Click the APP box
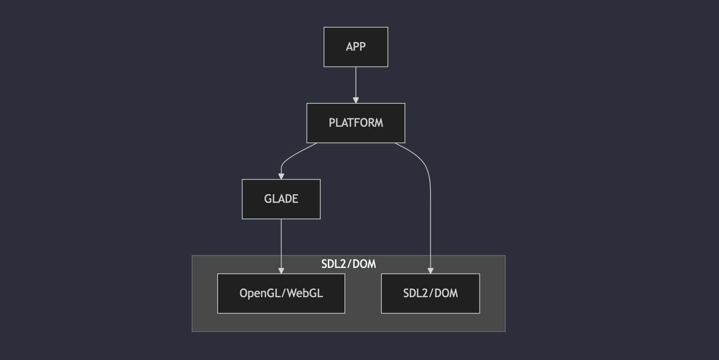click(355, 57)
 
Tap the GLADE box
click(281, 209)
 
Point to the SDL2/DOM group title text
click(349, 264)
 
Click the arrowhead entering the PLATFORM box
click(356, 100)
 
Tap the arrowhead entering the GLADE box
click(281, 176)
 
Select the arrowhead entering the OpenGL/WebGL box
click(281, 271)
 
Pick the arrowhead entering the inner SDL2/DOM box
click(430, 271)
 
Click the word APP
click(355, 47)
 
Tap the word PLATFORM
click(355, 123)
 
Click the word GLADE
click(281, 199)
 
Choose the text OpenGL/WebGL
click(281, 293)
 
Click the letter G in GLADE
click(267, 199)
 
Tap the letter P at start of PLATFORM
click(332, 123)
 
